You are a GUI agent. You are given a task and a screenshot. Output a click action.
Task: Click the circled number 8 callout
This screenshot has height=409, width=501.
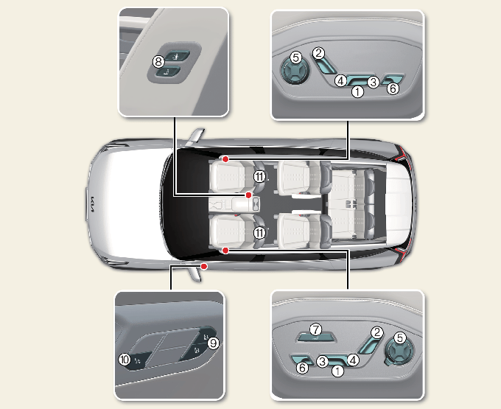158,61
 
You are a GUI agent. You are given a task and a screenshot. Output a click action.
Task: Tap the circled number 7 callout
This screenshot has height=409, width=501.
315,329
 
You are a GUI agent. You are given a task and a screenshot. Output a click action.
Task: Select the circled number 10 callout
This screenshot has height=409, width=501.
125,360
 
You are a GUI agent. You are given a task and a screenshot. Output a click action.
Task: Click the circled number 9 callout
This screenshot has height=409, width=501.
213,343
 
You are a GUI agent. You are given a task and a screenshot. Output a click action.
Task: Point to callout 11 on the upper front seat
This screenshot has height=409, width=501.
259,176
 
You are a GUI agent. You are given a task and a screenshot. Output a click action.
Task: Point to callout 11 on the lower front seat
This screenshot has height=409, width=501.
259,233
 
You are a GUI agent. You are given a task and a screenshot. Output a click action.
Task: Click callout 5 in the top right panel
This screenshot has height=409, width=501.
296,57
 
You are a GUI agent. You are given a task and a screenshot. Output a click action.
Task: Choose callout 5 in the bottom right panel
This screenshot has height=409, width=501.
399,338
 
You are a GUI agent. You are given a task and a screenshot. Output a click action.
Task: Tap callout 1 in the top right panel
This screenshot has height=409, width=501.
357,91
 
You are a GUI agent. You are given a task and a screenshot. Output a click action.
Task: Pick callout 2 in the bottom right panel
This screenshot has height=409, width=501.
377,332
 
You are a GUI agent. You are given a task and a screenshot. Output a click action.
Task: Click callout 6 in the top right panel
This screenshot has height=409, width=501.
393,88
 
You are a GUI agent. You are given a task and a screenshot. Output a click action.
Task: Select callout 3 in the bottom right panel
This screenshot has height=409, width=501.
323,361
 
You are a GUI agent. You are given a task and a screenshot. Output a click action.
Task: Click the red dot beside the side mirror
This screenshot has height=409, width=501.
204,266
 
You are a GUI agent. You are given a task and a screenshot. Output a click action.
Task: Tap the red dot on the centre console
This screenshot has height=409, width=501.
248,195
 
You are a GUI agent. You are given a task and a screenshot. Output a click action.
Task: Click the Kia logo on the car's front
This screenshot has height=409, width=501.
92,205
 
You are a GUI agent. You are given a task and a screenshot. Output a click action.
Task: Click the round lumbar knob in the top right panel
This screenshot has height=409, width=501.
295,71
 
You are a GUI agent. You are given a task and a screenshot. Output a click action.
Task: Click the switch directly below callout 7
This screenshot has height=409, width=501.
315,337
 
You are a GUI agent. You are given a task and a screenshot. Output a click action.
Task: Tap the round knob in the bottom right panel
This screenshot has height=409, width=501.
399,351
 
